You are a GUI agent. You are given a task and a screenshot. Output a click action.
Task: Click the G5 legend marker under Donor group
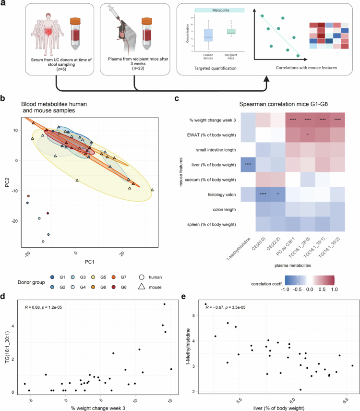click(93, 277)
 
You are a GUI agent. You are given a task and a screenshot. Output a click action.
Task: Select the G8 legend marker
click(113, 287)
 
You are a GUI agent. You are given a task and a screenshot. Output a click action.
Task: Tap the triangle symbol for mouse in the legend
click(142, 287)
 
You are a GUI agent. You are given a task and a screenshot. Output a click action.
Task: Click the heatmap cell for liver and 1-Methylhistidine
click(248, 165)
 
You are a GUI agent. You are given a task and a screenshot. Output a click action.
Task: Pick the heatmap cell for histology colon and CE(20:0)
click(263, 194)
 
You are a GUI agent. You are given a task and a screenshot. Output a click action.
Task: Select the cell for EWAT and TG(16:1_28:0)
click(308, 135)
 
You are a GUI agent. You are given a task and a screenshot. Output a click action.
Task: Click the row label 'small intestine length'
click(216, 150)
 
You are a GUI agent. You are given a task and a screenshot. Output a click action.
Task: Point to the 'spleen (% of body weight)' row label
click(212, 224)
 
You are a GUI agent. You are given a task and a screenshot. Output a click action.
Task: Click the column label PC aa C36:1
click(286, 247)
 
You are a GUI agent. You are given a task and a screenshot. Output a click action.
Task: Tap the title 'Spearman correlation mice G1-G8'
click(283, 104)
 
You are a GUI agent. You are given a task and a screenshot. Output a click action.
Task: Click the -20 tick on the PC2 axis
click(15, 221)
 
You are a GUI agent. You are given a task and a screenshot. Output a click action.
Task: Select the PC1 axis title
click(89, 262)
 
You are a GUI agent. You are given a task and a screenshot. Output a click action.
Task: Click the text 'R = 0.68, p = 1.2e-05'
click(43, 307)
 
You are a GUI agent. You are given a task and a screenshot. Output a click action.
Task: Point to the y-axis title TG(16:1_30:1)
click(7, 347)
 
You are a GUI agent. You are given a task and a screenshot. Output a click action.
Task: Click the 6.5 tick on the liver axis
click(347, 400)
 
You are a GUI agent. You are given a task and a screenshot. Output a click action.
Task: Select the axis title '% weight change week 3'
click(98, 408)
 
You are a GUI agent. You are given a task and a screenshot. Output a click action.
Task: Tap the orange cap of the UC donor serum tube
click(75, 21)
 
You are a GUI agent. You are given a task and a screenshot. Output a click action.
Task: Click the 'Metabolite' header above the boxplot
click(221, 10)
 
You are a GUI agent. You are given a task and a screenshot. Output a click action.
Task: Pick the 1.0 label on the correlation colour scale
click(335, 290)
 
